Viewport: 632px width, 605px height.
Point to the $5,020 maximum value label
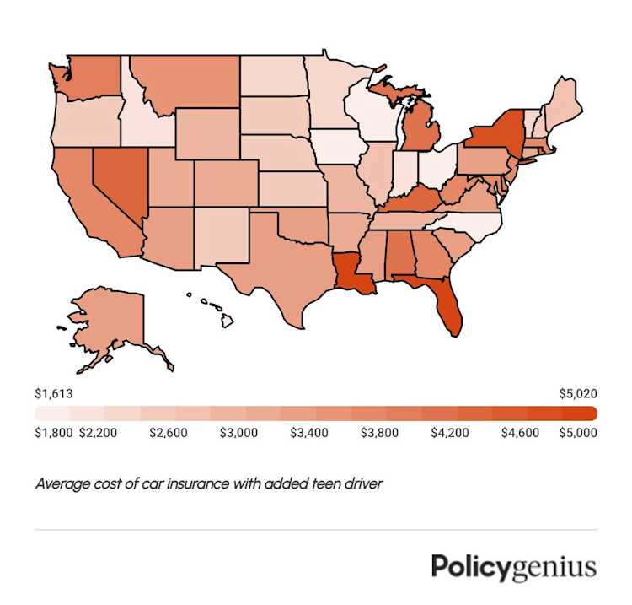point(579,393)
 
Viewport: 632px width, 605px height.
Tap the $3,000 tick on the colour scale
point(238,433)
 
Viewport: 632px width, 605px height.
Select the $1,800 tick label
point(52,433)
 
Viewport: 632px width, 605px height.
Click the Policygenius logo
point(513,566)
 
